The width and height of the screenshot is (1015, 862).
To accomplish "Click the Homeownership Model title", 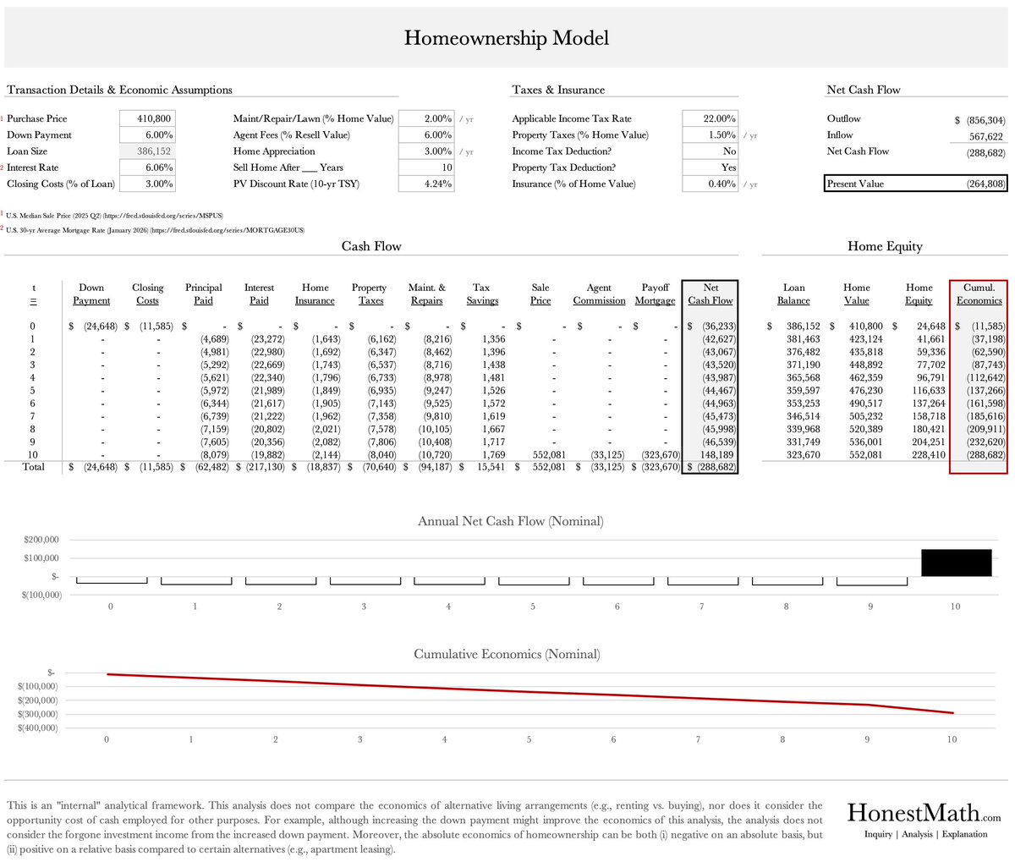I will click(506, 38).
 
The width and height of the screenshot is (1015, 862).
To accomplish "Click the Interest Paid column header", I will click(259, 294).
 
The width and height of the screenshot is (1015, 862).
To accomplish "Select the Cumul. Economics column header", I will click(979, 294).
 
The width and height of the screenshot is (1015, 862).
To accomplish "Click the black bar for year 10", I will click(956, 563).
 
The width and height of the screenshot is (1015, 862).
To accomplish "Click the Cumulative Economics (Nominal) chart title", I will click(507, 654).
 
